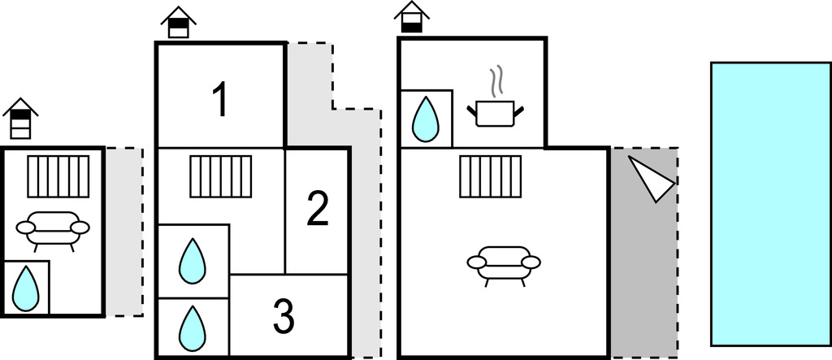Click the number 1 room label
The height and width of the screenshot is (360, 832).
click(219, 100)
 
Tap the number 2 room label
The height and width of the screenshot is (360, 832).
click(317, 209)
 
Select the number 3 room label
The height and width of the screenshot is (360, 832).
click(283, 318)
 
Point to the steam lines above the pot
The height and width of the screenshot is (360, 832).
click(495, 83)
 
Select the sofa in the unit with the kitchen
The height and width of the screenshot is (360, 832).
click(504, 264)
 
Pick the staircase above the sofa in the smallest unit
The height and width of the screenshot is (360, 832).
click(58, 176)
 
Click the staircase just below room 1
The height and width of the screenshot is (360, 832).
click(221, 176)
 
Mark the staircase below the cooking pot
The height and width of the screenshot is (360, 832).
click(490, 176)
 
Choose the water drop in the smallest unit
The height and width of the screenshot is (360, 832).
click(26, 288)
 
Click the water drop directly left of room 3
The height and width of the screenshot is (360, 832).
click(192, 326)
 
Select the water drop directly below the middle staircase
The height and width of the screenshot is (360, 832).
click(192, 261)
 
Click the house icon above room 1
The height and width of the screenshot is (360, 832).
click(179, 23)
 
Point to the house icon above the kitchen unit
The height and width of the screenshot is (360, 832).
click(412, 17)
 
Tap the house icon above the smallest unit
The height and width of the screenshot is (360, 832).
click(20, 119)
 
